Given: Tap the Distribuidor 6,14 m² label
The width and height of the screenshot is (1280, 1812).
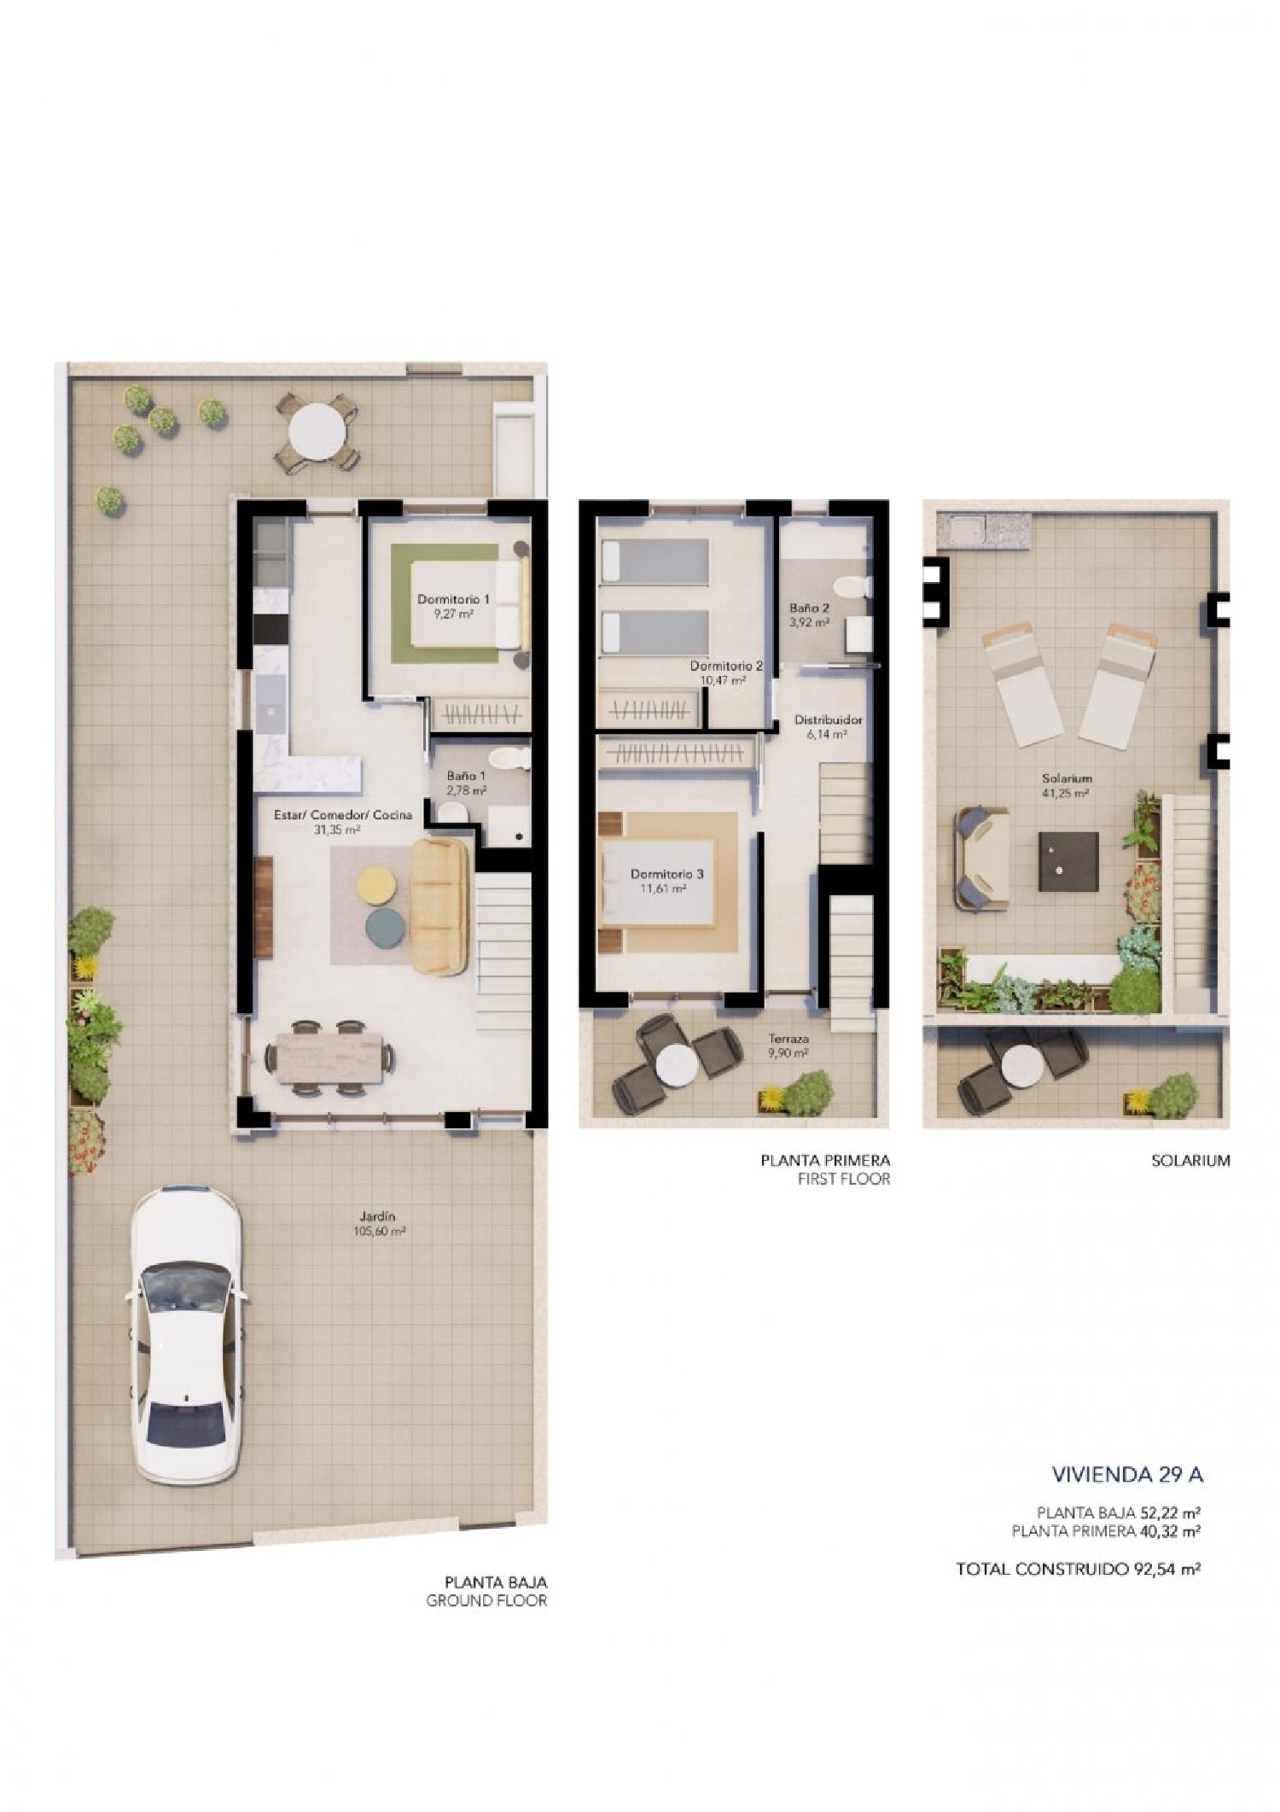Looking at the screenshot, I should click(828, 725).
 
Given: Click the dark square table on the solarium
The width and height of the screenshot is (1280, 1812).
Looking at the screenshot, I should click(1068, 861).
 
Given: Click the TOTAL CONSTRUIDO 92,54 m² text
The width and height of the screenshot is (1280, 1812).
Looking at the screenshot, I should click(1079, 1568).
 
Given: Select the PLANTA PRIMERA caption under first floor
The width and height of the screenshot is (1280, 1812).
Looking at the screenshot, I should click(824, 1160).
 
